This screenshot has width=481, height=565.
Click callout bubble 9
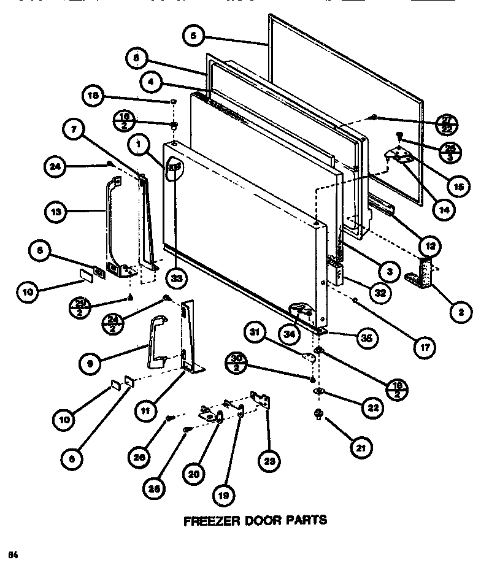tap(91, 363)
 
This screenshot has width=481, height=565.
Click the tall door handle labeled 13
tap(110, 221)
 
